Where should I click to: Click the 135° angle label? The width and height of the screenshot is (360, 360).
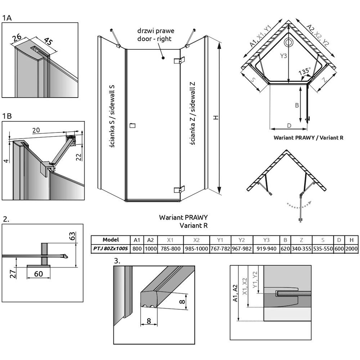(x=305, y=72)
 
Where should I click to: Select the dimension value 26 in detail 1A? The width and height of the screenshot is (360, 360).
(x=16, y=37)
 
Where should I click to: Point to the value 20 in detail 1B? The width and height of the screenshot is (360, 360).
(x=36, y=130)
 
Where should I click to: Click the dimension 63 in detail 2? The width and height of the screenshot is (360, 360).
(x=72, y=237)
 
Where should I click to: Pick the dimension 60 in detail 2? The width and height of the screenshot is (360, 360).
(x=39, y=274)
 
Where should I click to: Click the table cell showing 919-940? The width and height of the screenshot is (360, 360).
(x=266, y=248)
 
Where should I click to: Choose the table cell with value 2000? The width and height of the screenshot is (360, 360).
(x=351, y=248)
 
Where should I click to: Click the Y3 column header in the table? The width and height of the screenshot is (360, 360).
(x=266, y=240)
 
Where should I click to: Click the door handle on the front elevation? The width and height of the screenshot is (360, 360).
(x=132, y=125)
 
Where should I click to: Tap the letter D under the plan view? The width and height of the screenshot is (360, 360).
(x=289, y=125)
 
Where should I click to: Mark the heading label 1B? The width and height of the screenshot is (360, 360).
(x=7, y=116)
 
